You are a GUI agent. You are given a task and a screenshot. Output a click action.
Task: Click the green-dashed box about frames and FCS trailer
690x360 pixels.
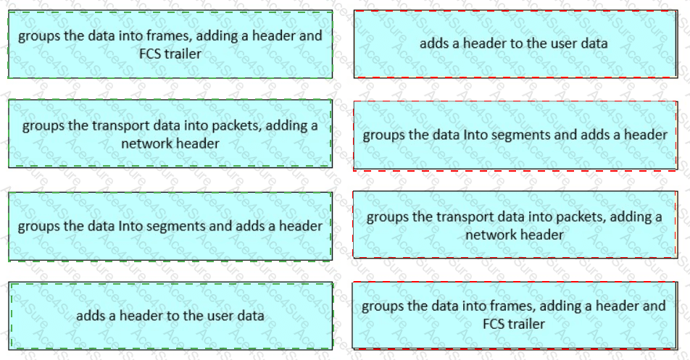pos(170,44)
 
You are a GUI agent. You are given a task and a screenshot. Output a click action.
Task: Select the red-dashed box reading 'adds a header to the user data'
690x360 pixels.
pos(516,44)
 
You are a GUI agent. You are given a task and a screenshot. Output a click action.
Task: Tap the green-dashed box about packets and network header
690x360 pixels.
pos(170,133)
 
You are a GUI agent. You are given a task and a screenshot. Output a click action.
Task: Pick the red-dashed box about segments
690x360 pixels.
pos(515,135)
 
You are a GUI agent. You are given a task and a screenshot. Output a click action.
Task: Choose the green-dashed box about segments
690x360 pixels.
pos(170,227)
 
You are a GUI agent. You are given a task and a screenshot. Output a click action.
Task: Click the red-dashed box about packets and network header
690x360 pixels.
pos(515,225)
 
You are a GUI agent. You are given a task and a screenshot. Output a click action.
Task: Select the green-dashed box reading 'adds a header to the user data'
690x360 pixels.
pos(171,316)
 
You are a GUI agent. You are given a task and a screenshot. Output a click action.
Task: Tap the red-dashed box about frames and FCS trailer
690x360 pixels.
pos(515,315)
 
